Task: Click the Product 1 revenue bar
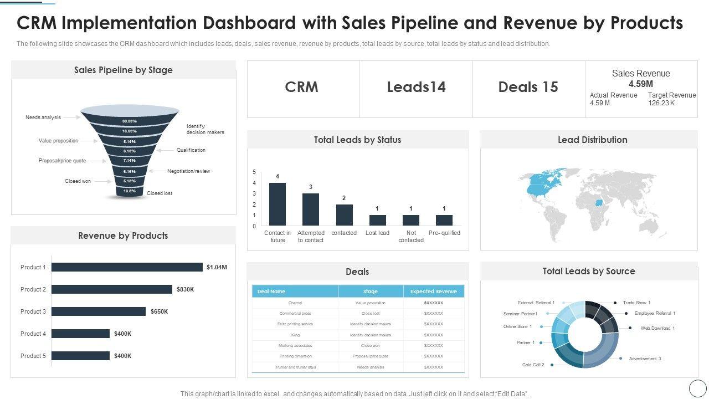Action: pyautogui.click(x=127, y=267)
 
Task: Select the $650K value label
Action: pyautogui.click(x=159, y=311)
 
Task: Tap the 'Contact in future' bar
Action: pyautogui.click(x=278, y=204)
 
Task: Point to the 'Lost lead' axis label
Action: pyautogui.click(x=377, y=233)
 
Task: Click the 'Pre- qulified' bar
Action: pyautogui.click(x=444, y=220)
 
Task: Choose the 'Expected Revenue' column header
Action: pyautogui.click(x=433, y=291)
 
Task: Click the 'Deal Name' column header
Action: pyautogui.click(x=271, y=291)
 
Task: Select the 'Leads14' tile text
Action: pyautogui.click(x=416, y=87)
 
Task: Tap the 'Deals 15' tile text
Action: pyautogui.click(x=528, y=87)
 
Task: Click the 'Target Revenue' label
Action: pyautogui.click(x=672, y=95)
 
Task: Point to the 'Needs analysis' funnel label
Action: pyautogui.click(x=43, y=117)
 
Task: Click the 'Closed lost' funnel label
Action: pyautogui.click(x=160, y=193)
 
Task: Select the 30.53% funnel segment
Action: pyautogui.click(x=130, y=121)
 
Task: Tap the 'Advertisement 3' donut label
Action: pyautogui.click(x=645, y=359)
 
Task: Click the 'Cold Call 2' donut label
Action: pyautogui.click(x=533, y=365)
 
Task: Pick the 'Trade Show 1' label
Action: pyautogui.click(x=636, y=303)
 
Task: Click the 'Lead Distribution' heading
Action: pyautogui.click(x=592, y=140)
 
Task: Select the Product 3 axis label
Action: pyautogui.click(x=33, y=311)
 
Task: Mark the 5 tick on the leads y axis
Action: pyautogui.click(x=254, y=172)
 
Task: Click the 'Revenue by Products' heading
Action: pyautogui.click(x=123, y=236)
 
